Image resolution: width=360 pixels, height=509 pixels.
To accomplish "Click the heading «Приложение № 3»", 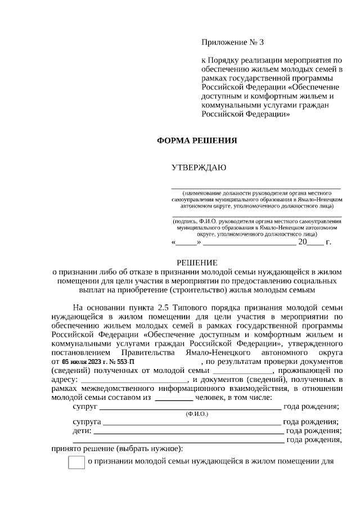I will tap(232, 43).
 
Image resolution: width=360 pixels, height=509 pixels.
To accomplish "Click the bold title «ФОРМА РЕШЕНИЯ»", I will tap(196, 141).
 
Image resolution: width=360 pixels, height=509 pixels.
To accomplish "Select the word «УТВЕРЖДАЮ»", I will tap(199, 168).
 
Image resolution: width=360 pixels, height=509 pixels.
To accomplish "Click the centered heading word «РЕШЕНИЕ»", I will tap(197, 262).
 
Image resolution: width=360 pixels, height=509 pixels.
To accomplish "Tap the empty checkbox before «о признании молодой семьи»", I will tap(76, 462).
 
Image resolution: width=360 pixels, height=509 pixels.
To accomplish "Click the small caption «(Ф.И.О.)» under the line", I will tap(197, 413).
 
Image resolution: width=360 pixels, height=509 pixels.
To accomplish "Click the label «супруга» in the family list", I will tap(87, 421).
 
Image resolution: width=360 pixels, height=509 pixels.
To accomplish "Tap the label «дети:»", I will tap(82, 431).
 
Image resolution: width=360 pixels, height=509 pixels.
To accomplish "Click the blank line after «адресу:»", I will tap(131, 381).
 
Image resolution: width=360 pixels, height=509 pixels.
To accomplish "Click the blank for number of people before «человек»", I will tap(173, 399).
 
